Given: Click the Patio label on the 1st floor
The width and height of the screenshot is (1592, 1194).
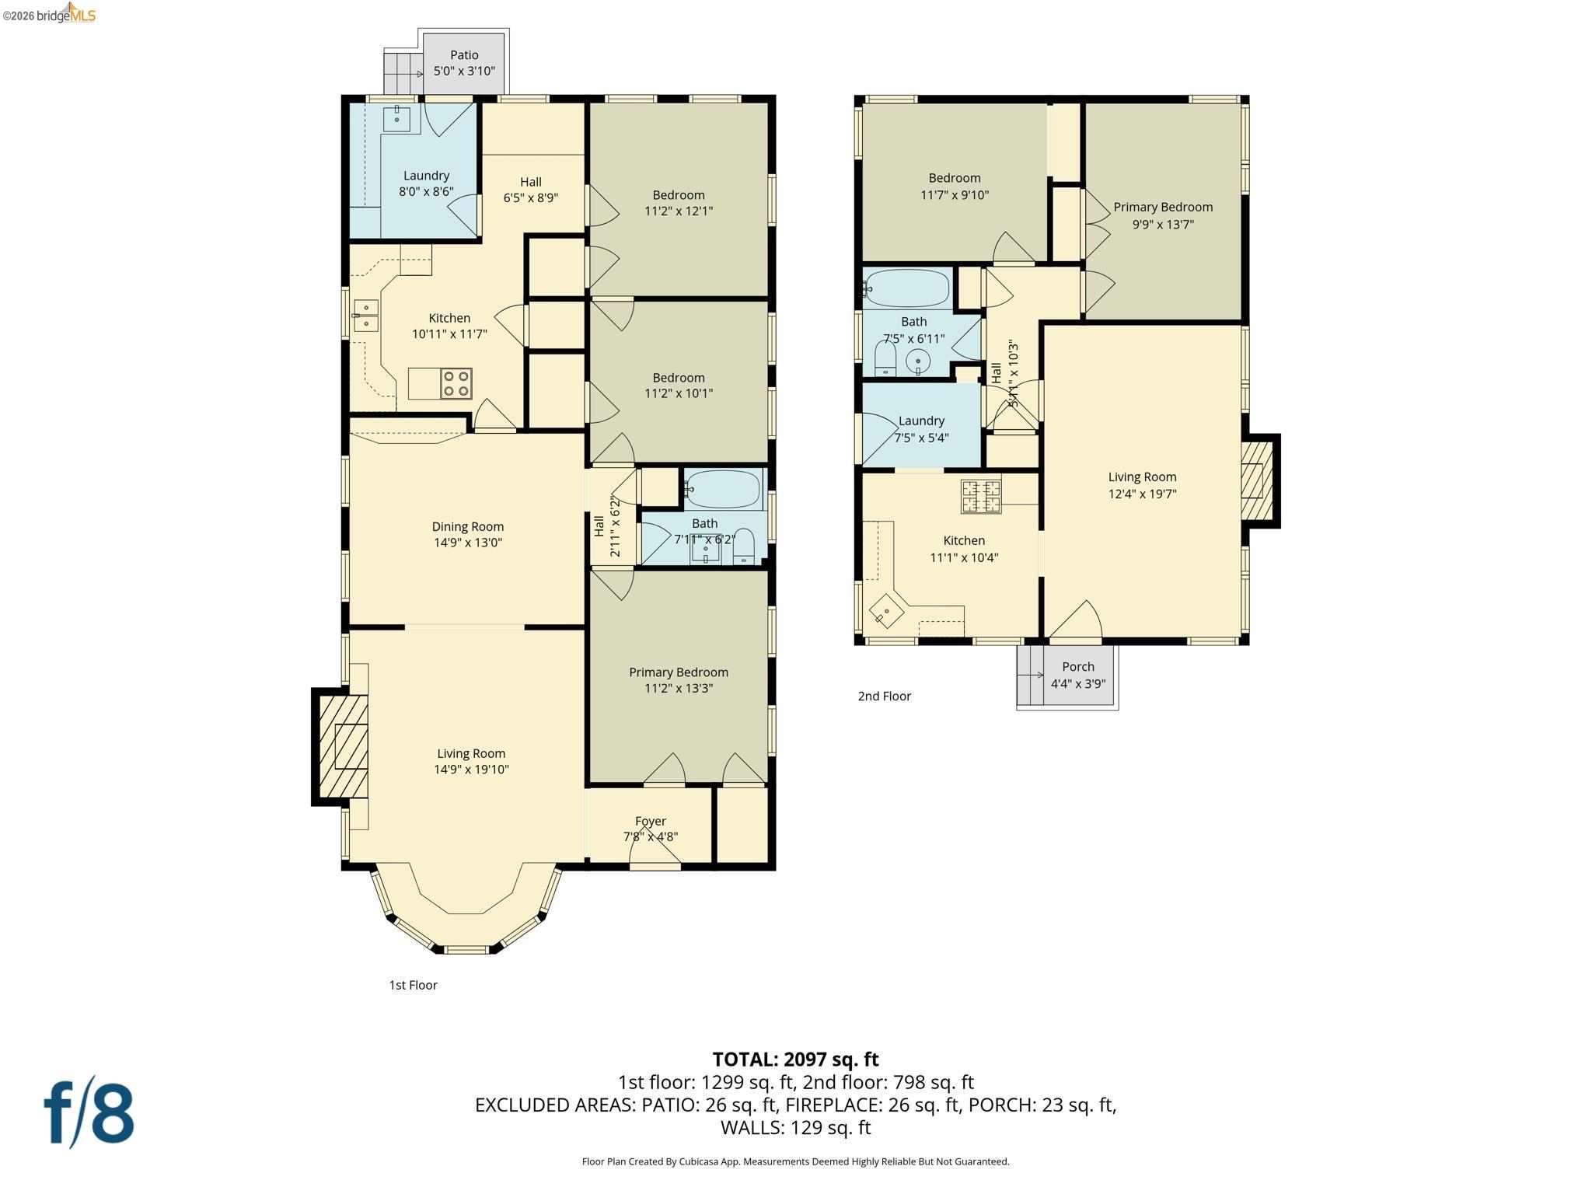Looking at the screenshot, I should point(464,55).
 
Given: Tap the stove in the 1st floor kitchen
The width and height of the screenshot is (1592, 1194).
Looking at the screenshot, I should point(456,383).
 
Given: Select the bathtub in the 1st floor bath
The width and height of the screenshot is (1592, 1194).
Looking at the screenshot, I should point(723,489).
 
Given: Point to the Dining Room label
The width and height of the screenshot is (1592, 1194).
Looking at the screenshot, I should point(467,527).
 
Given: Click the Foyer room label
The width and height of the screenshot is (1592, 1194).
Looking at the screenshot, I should point(650,821).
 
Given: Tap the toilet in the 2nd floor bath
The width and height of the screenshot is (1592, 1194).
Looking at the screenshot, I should point(885,360).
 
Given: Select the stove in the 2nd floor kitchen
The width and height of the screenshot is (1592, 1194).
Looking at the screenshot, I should point(981,497).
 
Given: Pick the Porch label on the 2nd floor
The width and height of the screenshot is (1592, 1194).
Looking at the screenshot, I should point(1077,667).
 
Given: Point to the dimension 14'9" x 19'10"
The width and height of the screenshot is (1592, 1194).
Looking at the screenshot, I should point(471,770).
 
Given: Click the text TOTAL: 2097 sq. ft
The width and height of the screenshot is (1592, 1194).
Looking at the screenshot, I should point(795,1059).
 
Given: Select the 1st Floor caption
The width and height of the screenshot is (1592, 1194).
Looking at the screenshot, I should point(413,985).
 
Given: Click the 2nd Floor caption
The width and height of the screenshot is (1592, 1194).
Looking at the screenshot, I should point(884,696).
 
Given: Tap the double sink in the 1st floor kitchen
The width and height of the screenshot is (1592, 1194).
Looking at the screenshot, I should point(366,315).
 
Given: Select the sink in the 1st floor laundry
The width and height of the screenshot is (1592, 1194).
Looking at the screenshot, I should point(396,119).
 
